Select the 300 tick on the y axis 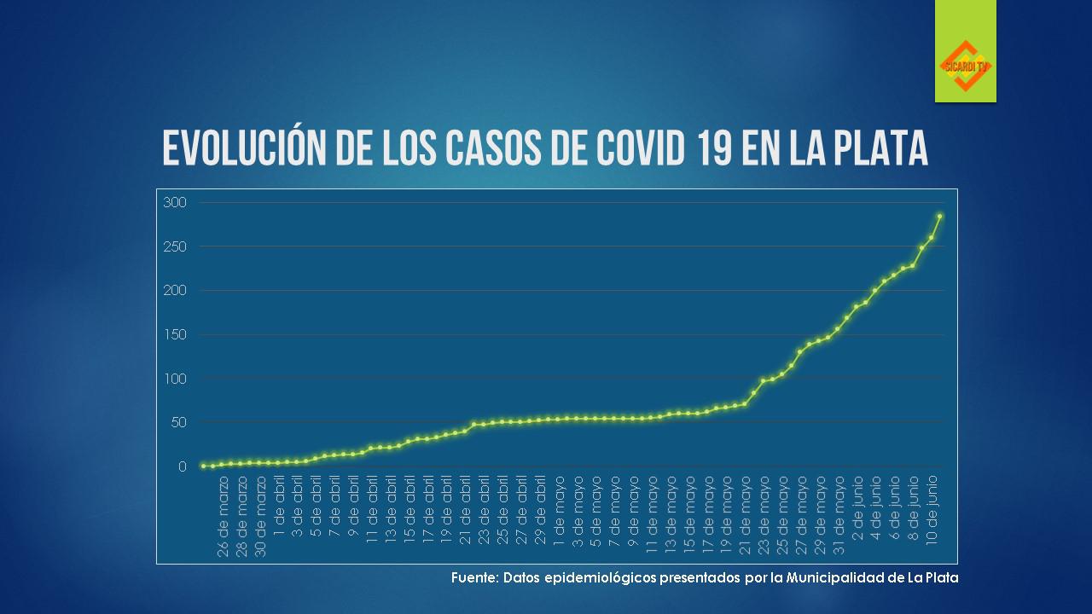(175, 202)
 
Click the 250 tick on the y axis (175, 246)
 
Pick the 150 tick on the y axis (175, 334)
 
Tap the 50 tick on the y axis (178, 422)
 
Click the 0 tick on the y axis (182, 466)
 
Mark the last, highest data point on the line (940, 217)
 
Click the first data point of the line (203, 466)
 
